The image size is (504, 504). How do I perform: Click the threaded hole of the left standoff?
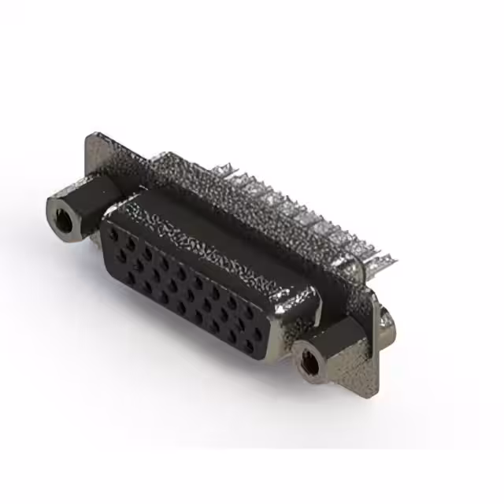tap(64, 213)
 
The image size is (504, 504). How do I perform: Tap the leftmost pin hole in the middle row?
tap(121, 254)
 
